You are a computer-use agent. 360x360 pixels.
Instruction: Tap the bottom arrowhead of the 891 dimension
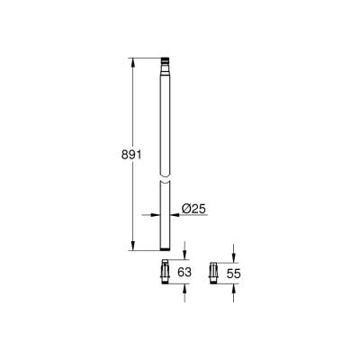(133, 247)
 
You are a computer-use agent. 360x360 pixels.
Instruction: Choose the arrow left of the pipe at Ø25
(153, 213)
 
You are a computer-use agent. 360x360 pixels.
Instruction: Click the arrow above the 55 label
(232, 256)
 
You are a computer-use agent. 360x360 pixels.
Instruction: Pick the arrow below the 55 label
(232, 286)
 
